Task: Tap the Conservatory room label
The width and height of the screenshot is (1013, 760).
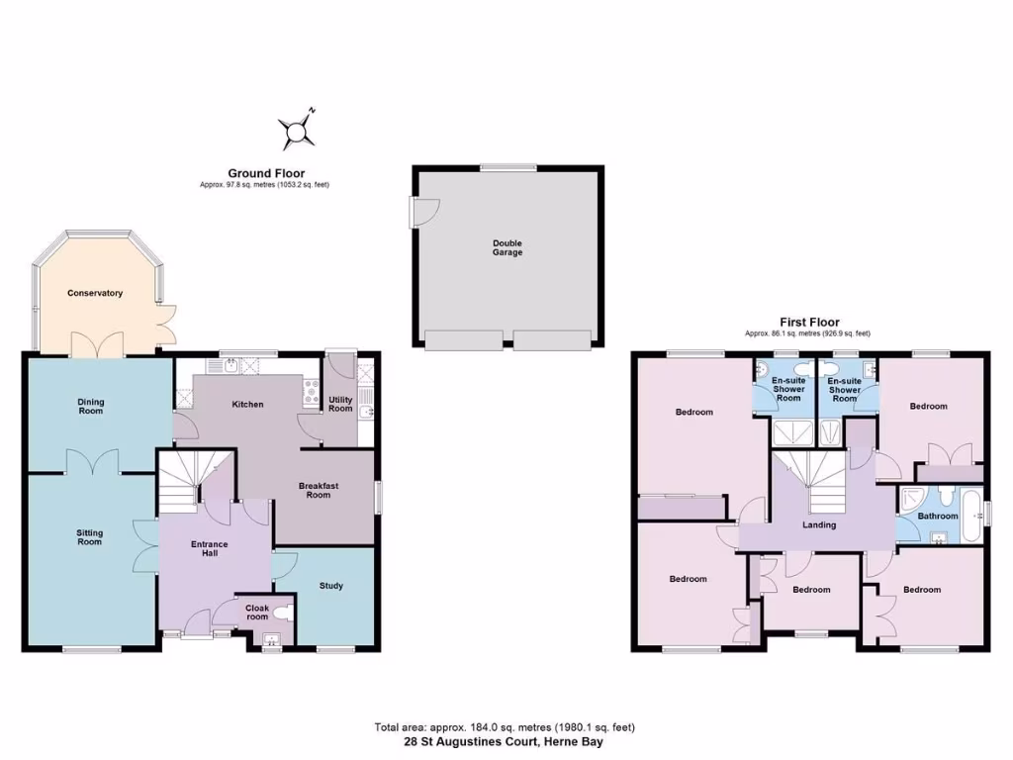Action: pos(95,293)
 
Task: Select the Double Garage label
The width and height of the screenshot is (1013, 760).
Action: pos(507,247)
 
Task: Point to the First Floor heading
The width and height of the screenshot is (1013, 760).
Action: pos(808,323)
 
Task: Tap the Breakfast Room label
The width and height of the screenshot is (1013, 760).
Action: pos(318,490)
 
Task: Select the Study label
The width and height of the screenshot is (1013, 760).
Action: pos(331,586)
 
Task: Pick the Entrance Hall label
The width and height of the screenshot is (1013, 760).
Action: pos(209,548)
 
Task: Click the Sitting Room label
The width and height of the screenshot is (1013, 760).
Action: pos(90,537)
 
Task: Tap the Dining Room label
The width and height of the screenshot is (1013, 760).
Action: pos(90,406)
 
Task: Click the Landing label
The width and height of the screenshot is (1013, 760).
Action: pos(819,524)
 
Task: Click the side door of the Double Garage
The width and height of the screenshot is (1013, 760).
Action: pos(422,211)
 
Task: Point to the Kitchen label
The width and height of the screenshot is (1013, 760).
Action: pos(246,404)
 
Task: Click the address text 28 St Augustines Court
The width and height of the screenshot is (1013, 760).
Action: pos(504,741)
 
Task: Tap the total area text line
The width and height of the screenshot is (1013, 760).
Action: pos(504,727)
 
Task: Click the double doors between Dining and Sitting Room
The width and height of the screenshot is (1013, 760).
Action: pos(93,461)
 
